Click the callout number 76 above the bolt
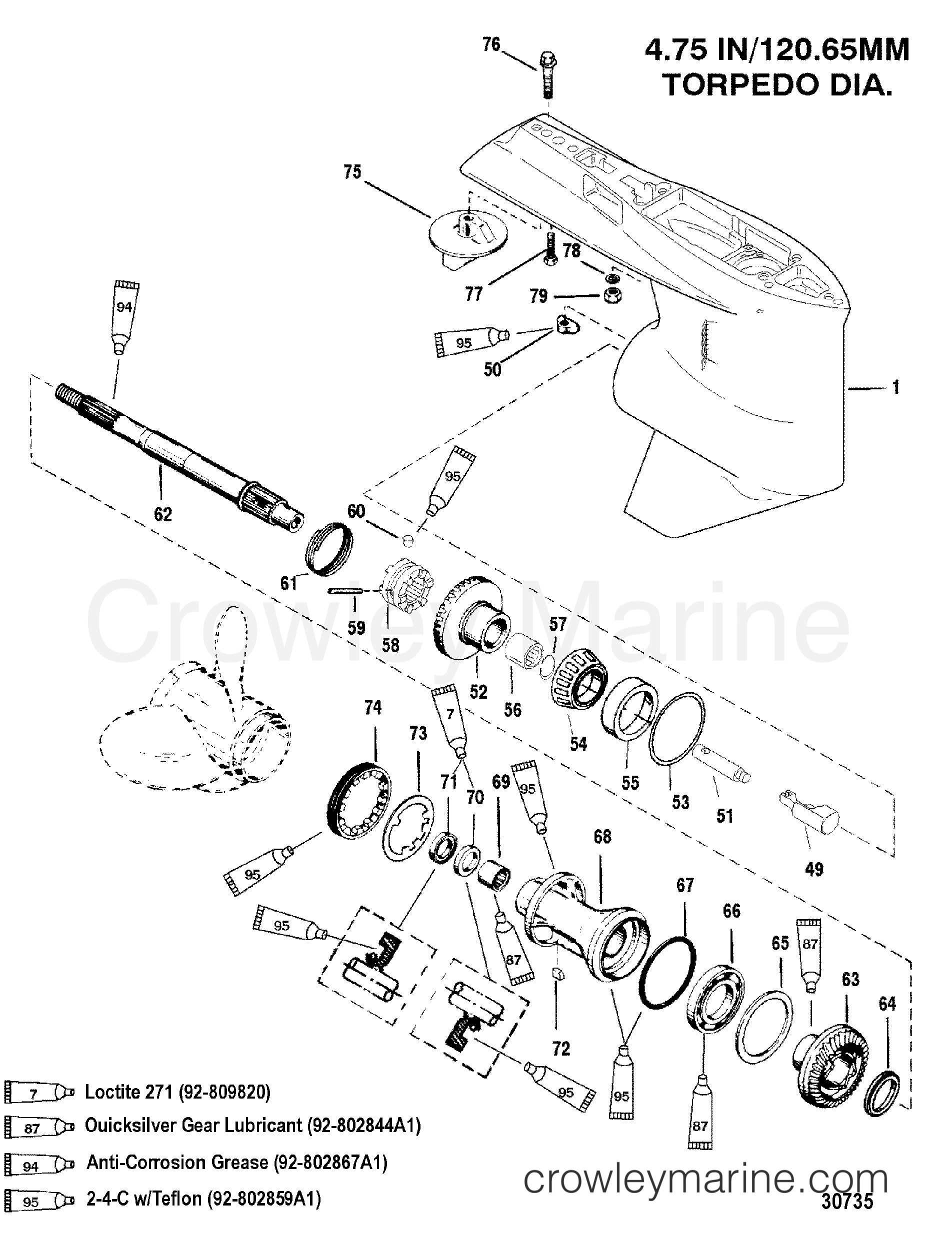click(x=491, y=45)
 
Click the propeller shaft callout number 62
click(x=162, y=514)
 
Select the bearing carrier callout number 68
click(x=602, y=836)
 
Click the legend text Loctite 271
click(x=177, y=1092)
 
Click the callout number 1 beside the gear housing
click(x=895, y=387)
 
